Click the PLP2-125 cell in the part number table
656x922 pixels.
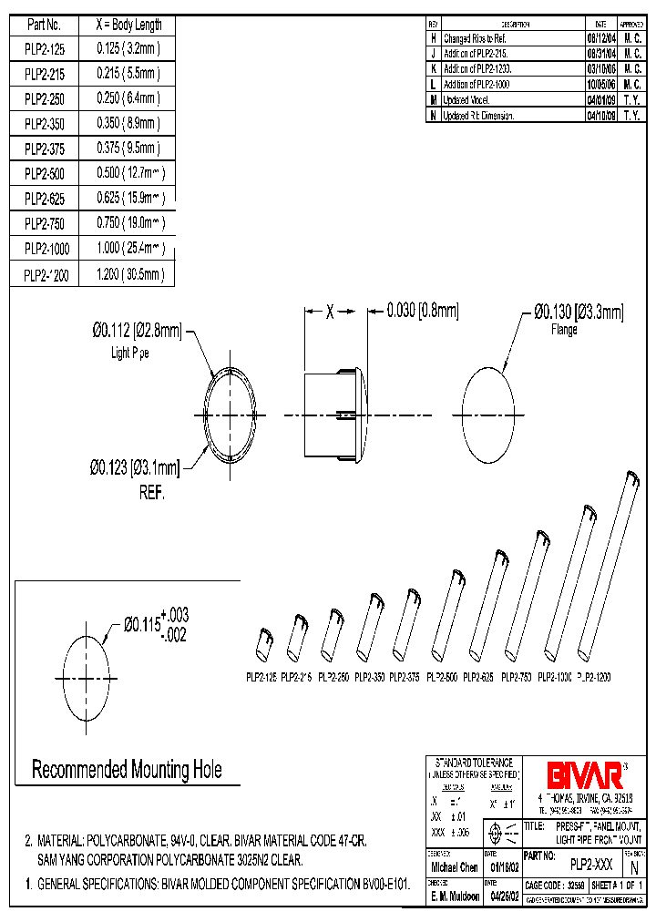coord(44,48)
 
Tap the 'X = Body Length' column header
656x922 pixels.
coord(129,25)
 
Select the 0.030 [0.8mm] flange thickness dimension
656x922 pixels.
coord(422,312)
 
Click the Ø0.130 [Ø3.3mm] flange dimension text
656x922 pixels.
coord(578,313)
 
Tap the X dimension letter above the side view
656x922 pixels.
coord(330,312)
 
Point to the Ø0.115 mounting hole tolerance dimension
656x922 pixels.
coord(155,626)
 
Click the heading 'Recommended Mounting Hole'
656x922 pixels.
coord(127,770)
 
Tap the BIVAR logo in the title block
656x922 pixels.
coord(585,775)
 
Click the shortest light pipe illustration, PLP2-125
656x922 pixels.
coord(263,645)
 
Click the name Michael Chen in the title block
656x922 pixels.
coord(453,868)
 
